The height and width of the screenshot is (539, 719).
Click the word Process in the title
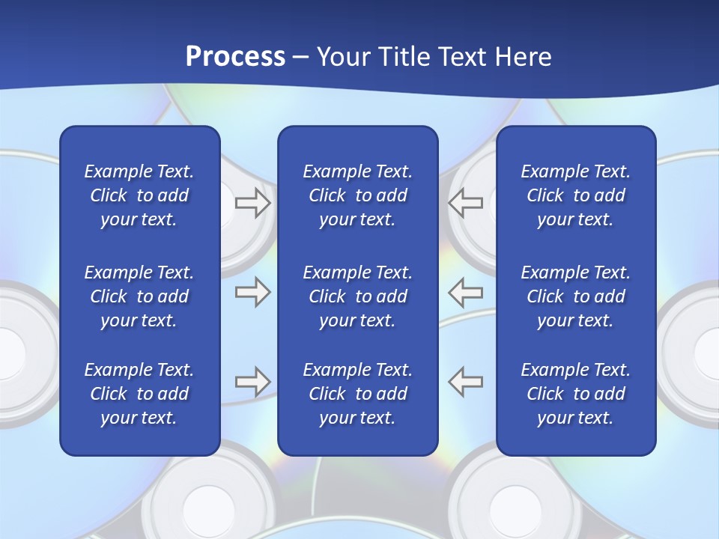[x=235, y=56]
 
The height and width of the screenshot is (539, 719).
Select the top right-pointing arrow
[x=252, y=203]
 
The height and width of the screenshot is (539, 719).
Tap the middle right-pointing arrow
[x=252, y=292]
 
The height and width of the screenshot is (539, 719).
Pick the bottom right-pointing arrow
[x=252, y=382]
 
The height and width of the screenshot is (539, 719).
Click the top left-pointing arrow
[x=465, y=203]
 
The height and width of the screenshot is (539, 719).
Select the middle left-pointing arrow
[x=465, y=292]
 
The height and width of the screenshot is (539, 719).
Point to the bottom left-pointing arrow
[x=465, y=382]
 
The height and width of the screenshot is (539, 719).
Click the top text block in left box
[x=139, y=195]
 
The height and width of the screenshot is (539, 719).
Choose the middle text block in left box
[x=139, y=296]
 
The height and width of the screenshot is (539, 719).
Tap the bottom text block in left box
[x=139, y=394]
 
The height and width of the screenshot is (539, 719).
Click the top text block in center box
[x=357, y=195]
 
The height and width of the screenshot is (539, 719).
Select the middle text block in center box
[x=357, y=296]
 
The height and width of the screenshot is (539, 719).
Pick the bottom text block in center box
[x=357, y=394]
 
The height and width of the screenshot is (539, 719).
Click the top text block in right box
[x=575, y=195]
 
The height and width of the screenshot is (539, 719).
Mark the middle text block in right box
[x=575, y=296]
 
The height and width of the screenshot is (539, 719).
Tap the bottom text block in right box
[x=575, y=394]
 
